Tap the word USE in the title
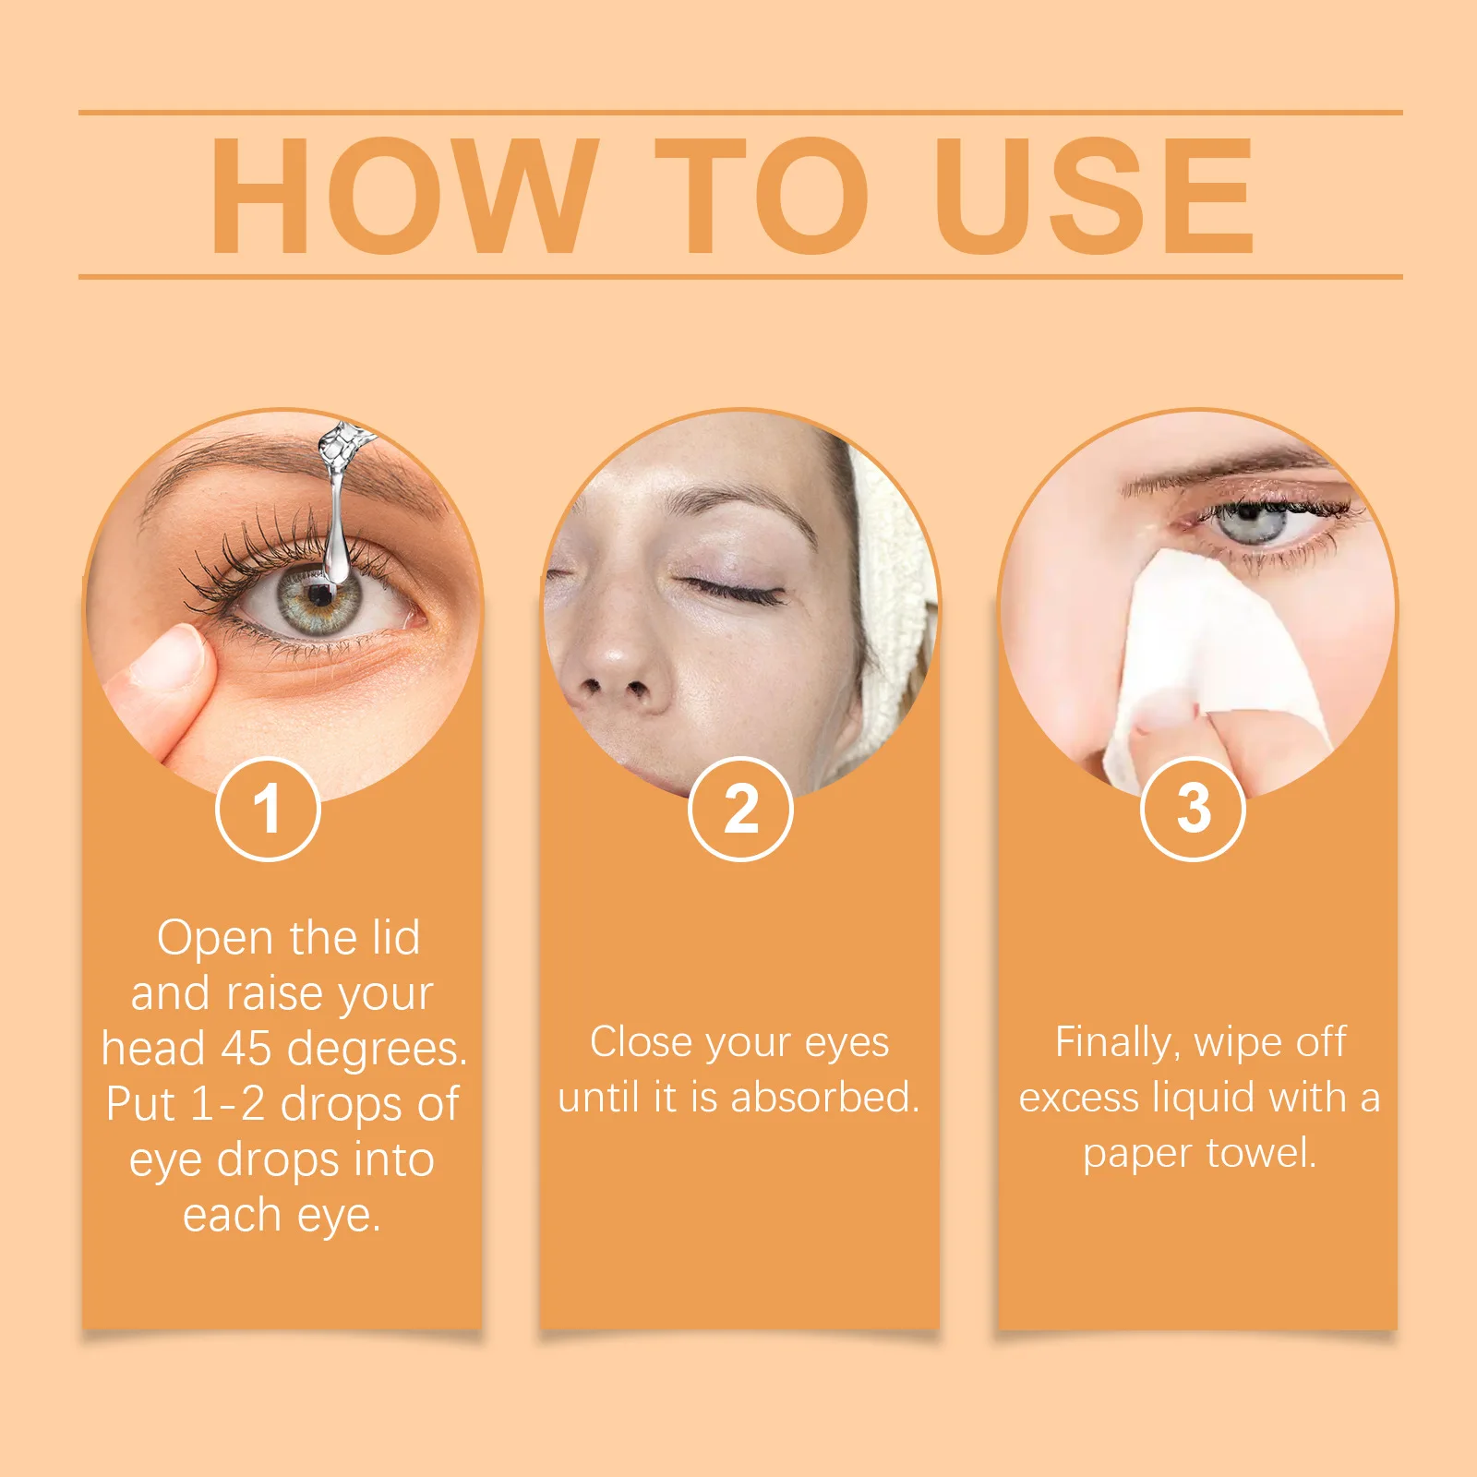(1094, 195)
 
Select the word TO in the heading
(762, 195)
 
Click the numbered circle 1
(268, 809)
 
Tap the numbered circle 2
(740, 809)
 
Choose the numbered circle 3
(1194, 809)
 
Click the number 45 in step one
(246, 1049)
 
